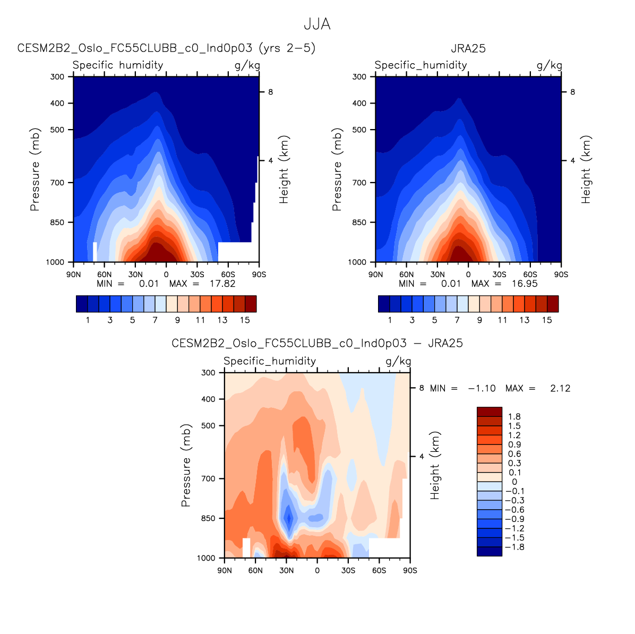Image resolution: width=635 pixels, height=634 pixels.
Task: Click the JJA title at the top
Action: (317, 24)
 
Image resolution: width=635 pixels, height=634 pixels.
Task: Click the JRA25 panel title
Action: (468, 48)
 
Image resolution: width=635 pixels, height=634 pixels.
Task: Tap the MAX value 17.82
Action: (222, 284)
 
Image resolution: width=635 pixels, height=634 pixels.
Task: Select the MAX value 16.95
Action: (525, 284)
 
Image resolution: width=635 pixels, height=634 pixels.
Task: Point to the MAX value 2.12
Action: (560, 388)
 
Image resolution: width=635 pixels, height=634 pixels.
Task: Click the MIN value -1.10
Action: (482, 388)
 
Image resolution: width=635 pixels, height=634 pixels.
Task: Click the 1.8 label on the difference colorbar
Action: (514, 417)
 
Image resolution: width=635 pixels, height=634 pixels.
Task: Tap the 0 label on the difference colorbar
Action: (514, 482)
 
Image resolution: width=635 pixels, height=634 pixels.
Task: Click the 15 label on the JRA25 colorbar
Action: (547, 320)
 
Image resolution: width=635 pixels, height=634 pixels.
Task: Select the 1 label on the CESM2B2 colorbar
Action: (88, 320)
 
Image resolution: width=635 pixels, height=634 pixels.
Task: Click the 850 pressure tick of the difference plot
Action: (208, 518)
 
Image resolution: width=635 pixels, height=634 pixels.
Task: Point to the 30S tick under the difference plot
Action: (348, 570)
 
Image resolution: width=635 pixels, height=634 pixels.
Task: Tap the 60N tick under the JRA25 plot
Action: (406, 275)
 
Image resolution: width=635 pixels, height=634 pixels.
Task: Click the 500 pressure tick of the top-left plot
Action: (57, 130)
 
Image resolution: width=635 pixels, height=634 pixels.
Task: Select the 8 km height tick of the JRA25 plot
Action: (572, 92)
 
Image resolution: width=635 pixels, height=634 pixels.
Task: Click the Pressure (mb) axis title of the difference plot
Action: (186, 465)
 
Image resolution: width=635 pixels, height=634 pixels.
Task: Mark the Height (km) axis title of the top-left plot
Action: (284, 169)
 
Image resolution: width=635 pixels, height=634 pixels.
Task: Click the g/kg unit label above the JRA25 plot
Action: (549, 65)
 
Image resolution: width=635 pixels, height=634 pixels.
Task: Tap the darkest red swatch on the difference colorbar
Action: (490, 412)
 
